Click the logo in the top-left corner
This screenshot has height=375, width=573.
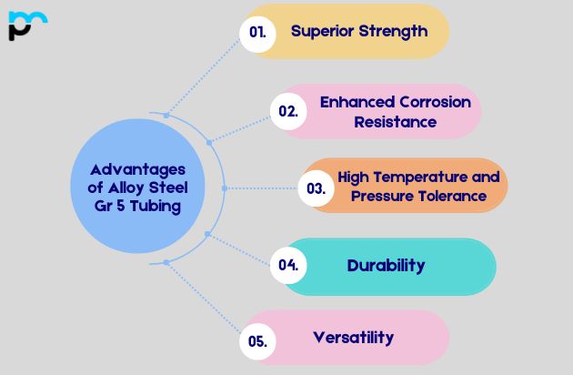coord(26,25)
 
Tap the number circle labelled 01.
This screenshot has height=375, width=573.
coord(257,32)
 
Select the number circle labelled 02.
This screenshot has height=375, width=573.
coord(288,111)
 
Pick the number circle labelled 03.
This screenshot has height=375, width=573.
coord(316,188)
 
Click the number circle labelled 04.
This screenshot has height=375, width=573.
coord(288,266)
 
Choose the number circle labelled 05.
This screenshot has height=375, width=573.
coord(257,341)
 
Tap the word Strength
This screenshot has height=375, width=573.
coord(393,31)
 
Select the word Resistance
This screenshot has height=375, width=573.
coord(395,121)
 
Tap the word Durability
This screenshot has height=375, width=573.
coord(386,266)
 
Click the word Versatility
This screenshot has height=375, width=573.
coord(353,338)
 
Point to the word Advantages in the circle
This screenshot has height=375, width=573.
coord(137,170)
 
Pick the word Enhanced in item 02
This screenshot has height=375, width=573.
coord(356,102)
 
